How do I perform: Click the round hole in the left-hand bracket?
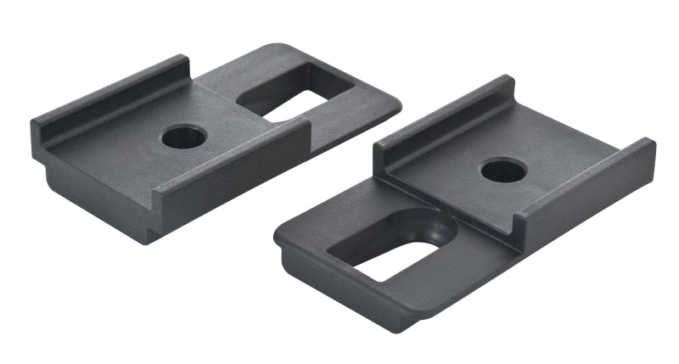pos(183,136)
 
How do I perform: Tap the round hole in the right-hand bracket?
pos(502,170)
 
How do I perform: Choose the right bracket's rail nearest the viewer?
pos(586,191)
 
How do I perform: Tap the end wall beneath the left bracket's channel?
pos(93,199)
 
